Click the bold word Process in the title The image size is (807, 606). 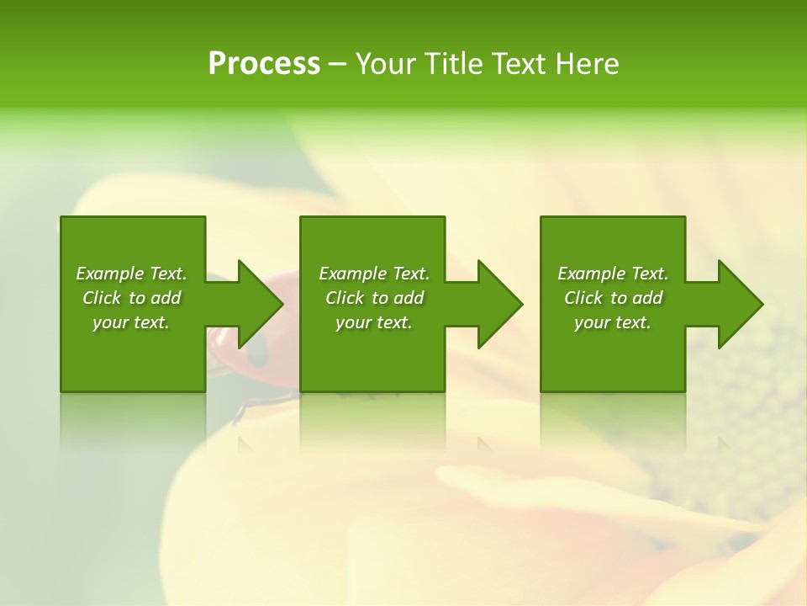[264, 65]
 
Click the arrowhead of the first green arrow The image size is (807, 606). [261, 304]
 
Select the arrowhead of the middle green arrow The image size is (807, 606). [500, 304]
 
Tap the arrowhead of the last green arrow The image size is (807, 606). [741, 304]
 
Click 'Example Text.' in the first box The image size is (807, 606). [131, 274]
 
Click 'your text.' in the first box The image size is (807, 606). [131, 322]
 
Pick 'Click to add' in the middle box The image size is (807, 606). [374, 298]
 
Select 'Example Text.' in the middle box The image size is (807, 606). [374, 274]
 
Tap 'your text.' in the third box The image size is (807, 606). [613, 322]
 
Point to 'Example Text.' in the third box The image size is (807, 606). [613, 274]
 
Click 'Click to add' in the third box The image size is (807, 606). [613, 298]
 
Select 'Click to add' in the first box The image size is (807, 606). [131, 298]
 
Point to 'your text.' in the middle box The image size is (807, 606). [374, 322]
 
